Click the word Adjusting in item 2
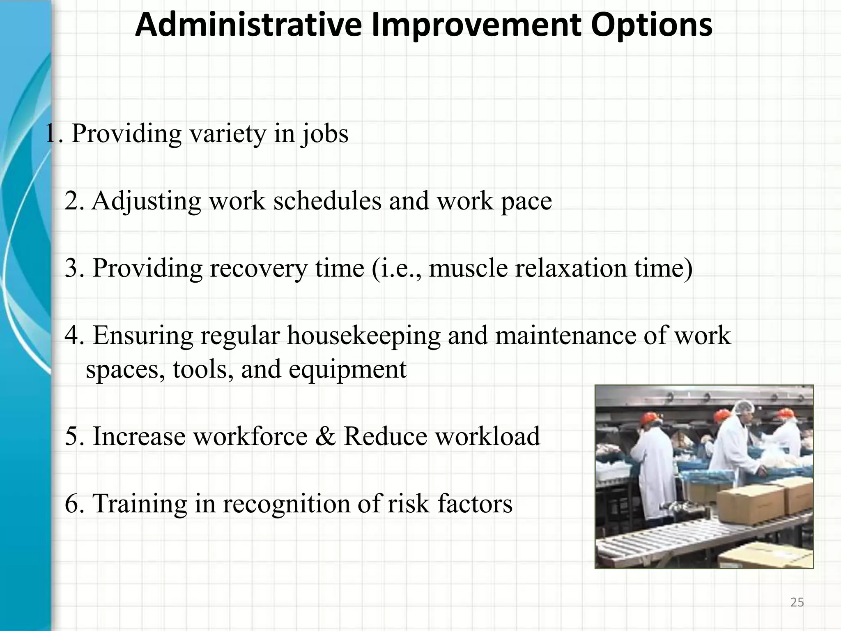(x=146, y=202)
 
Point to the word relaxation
(x=571, y=268)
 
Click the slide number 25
(x=797, y=602)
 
